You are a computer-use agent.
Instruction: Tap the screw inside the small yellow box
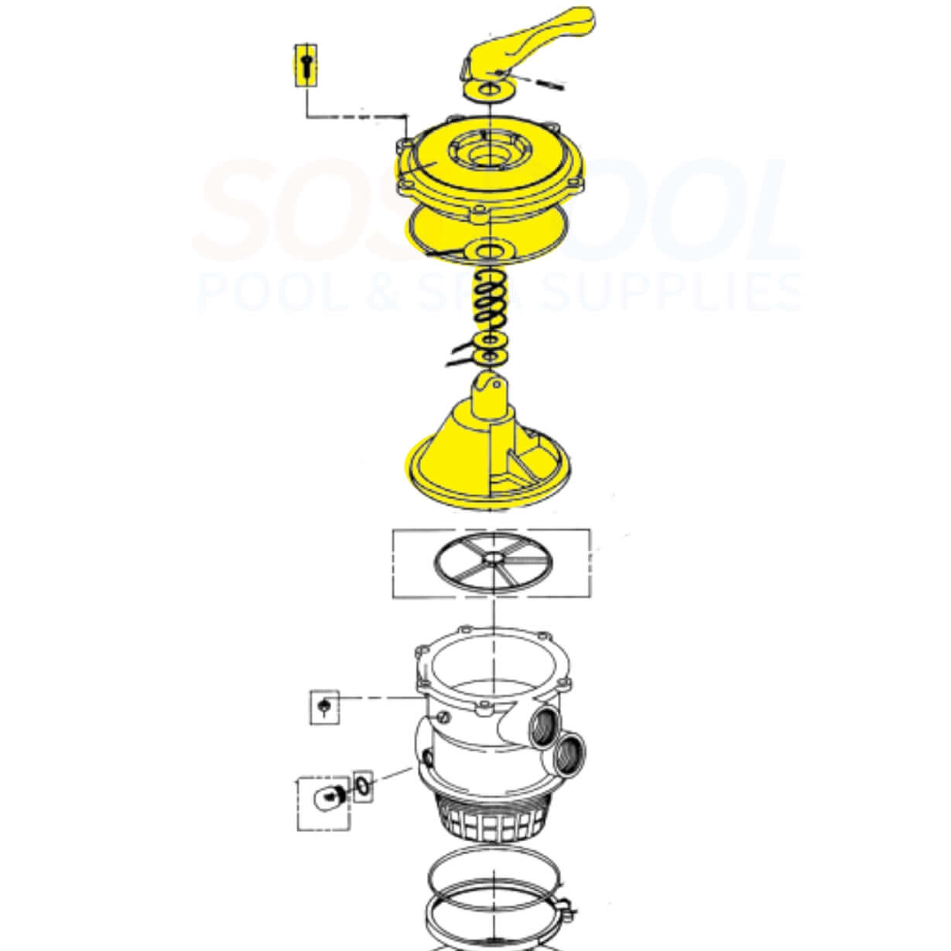click(306, 64)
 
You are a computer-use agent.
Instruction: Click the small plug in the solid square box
click(325, 706)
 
